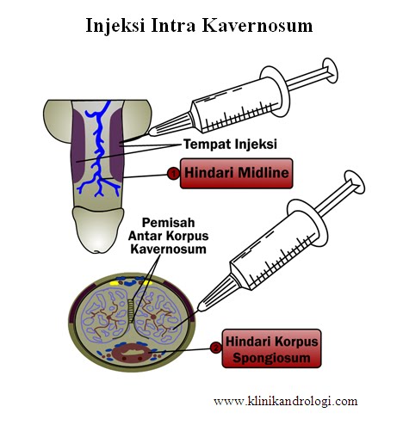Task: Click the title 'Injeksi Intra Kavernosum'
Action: (x=199, y=25)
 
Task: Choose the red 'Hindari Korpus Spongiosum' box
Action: (x=270, y=348)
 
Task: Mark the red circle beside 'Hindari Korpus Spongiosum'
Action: (x=214, y=348)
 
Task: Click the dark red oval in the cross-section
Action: (x=134, y=352)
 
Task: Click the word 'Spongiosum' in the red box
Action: (x=270, y=356)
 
